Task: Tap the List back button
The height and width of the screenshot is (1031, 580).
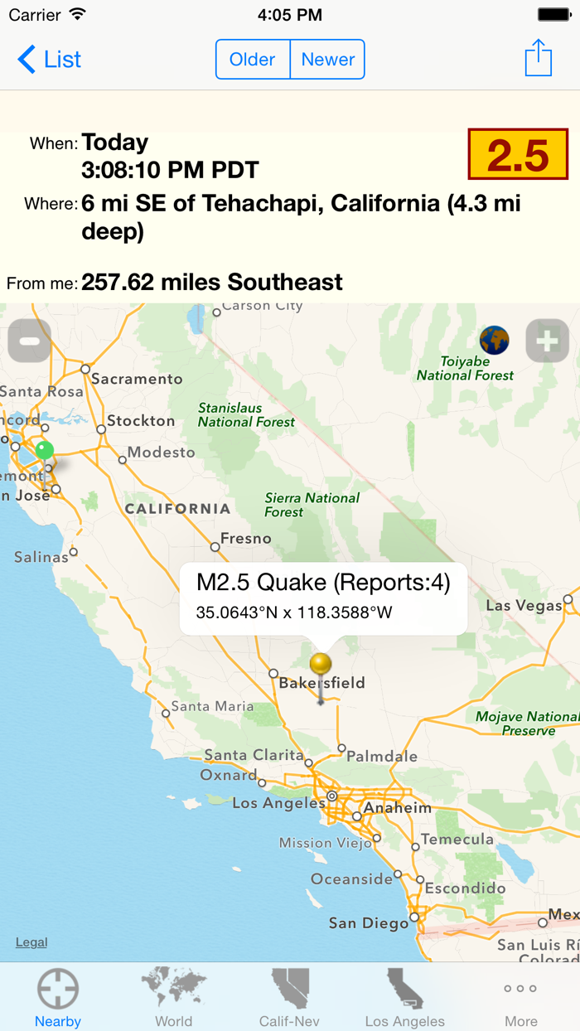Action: (x=50, y=60)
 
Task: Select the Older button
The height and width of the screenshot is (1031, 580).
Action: (x=253, y=60)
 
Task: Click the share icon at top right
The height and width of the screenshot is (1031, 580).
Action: (x=539, y=58)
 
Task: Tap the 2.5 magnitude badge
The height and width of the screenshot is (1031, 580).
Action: (x=518, y=154)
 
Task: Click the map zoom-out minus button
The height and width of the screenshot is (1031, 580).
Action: (x=30, y=341)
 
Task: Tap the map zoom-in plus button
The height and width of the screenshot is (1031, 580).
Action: (x=547, y=341)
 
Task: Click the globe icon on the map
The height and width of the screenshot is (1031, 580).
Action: (x=495, y=340)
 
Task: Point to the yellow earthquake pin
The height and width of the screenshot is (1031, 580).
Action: (x=321, y=664)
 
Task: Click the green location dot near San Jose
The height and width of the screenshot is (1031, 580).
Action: (x=45, y=450)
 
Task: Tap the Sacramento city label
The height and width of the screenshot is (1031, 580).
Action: (x=137, y=379)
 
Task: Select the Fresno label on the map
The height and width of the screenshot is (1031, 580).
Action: (x=245, y=539)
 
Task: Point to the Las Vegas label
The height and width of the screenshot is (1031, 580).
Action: (x=524, y=606)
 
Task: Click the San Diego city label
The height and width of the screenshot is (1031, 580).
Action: (x=369, y=922)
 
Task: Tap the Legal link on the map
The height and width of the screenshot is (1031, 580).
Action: (x=31, y=942)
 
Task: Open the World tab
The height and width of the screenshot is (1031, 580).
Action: (x=173, y=997)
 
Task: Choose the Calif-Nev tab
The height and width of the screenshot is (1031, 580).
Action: (x=289, y=997)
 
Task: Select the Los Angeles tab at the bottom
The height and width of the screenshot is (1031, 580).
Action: (x=405, y=997)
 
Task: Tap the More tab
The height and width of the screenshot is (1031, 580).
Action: (x=520, y=997)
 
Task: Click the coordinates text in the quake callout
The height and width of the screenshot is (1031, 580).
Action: (x=294, y=613)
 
